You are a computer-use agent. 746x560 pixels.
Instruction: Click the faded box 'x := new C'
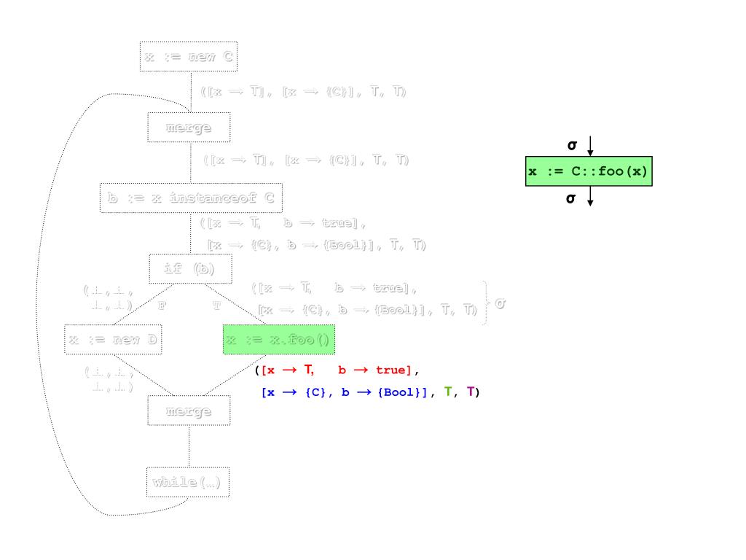point(189,57)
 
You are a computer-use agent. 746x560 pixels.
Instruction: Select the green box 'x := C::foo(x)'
point(589,172)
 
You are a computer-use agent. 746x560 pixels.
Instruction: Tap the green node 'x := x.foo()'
point(278,340)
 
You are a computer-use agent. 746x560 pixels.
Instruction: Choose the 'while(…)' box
point(188,482)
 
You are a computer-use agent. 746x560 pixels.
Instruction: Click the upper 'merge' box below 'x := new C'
point(189,128)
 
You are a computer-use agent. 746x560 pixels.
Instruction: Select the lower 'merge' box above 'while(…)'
point(189,411)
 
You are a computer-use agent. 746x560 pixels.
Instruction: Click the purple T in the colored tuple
point(471,392)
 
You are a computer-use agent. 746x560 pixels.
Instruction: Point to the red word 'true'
point(394,371)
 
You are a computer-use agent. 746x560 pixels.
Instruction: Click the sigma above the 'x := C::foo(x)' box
point(572,146)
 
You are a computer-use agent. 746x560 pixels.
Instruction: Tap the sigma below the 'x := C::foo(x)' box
point(572,197)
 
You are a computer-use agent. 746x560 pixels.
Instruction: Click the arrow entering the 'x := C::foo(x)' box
point(590,147)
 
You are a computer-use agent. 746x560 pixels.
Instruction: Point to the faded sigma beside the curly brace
point(499,303)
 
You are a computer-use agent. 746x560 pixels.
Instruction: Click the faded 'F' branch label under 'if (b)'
point(161,306)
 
